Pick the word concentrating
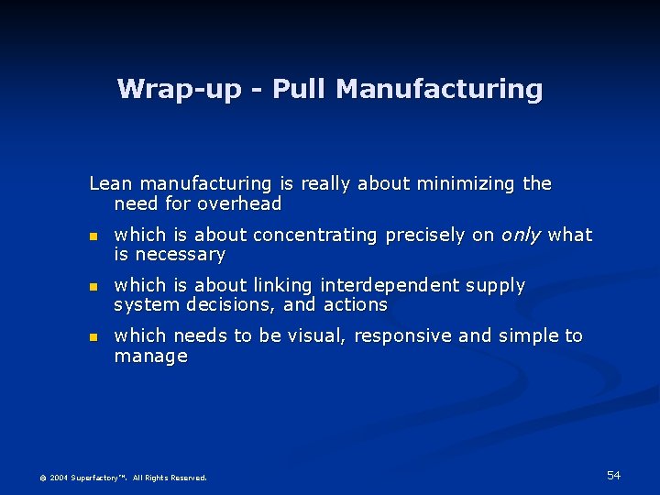[316, 235]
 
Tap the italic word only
[521, 235]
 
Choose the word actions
[355, 305]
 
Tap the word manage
[150, 356]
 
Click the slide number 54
[613, 475]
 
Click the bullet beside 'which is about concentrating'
[92, 236]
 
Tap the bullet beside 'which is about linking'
[92, 287]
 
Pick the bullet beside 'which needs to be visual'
[92, 337]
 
